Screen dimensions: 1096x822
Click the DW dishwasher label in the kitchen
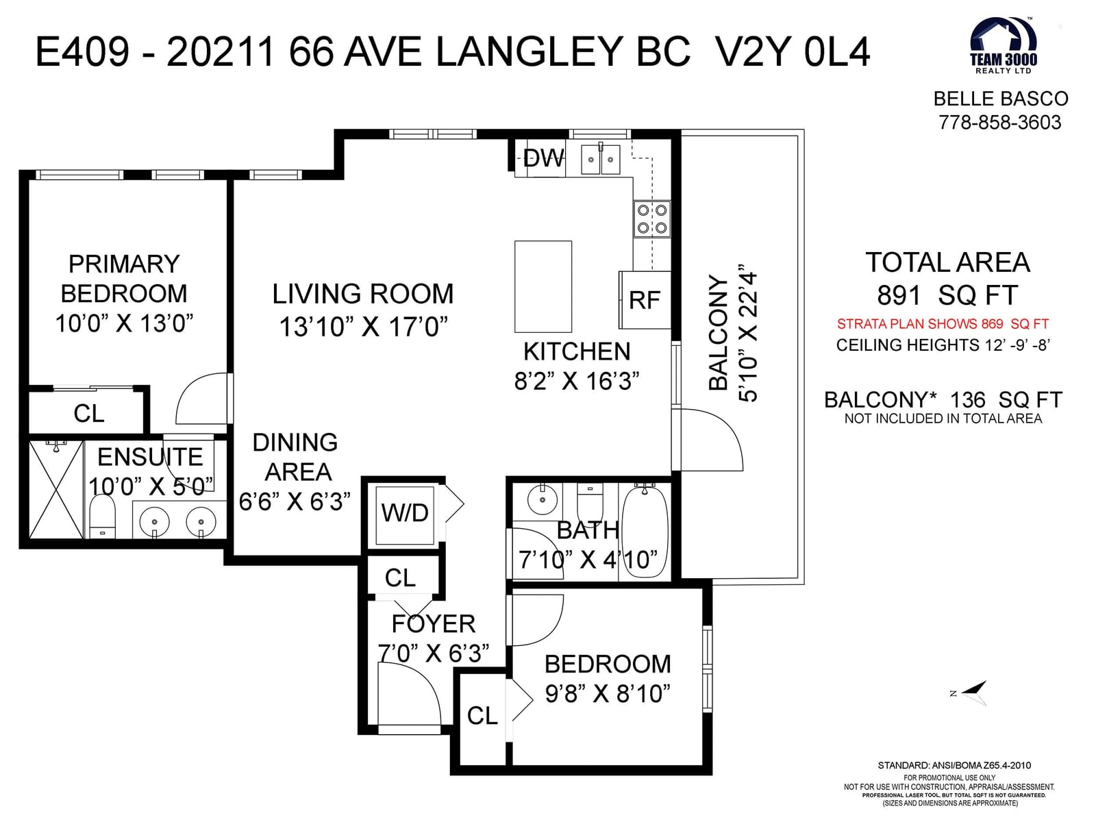tap(544, 159)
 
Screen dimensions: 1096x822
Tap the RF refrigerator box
tap(645, 300)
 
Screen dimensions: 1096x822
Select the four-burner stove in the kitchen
tap(652, 219)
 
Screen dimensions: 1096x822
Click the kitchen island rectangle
tap(543, 286)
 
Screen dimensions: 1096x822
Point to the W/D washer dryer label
tap(405, 512)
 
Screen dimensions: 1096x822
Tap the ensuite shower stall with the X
tap(56, 490)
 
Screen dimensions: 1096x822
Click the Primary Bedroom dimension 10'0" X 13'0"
tap(125, 323)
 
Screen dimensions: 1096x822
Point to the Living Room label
tap(363, 293)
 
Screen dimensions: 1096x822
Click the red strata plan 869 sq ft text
tap(943, 324)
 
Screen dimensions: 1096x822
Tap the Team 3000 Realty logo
tap(1004, 46)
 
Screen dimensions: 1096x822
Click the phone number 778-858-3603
tap(1001, 123)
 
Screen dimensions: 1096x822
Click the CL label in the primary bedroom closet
tap(89, 413)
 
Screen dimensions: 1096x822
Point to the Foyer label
tap(434, 624)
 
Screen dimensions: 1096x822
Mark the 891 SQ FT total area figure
tap(947, 295)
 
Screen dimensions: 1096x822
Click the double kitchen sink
tap(601, 159)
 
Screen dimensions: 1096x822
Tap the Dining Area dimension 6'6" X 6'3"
tap(295, 501)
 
